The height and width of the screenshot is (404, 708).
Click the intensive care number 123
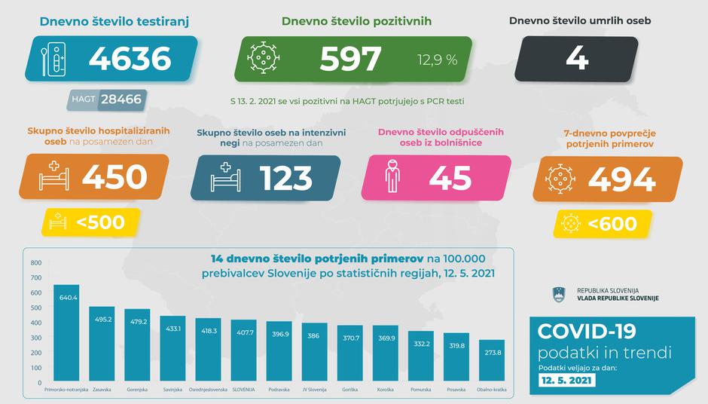pyautogui.click(x=285, y=178)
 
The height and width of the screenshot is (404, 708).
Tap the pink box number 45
pyautogui.click(x=450, y=178)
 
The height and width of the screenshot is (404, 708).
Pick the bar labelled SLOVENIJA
pyautogui.click(x=244, y=351)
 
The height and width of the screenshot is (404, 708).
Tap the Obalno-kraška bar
pyautogui.click(x=492, y=361)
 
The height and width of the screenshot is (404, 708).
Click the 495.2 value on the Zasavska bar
pyautogui.click(x=102, y=319)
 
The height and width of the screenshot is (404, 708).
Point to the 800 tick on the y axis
pyautogui.click(x=35, y=262)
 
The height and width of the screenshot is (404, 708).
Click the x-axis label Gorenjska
pyautogui.click(x=138, y=390)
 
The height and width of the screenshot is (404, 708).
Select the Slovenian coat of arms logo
pyautogui.click(x=559, y=293)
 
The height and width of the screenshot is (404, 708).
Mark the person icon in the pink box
pyautogui.click(x=392, y=178)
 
